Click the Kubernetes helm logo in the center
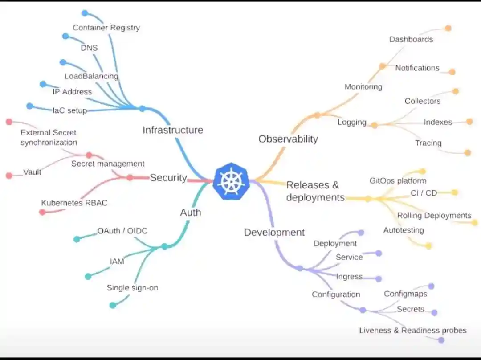coord(231,182)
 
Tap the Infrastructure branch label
coord(173,130)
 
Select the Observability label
coord(288,139)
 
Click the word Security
coord(168,178)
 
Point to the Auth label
coord(191,213)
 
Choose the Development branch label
coord(274,232)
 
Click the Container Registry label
coord(106,28)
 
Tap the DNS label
coord(89,48)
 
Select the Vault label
coord(32,172)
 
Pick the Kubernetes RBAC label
coord(74,203)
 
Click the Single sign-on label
coord(132,288)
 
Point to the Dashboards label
coord(411,39)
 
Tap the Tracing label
coord(428,143)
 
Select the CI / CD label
coord(424,193)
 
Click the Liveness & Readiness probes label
coord(413,331)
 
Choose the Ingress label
coord(349,277)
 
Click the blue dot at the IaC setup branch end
coord(29,106)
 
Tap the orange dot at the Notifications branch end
coord(452,72)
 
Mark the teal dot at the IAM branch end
coord(88,276)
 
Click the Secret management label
coord(108,164)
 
